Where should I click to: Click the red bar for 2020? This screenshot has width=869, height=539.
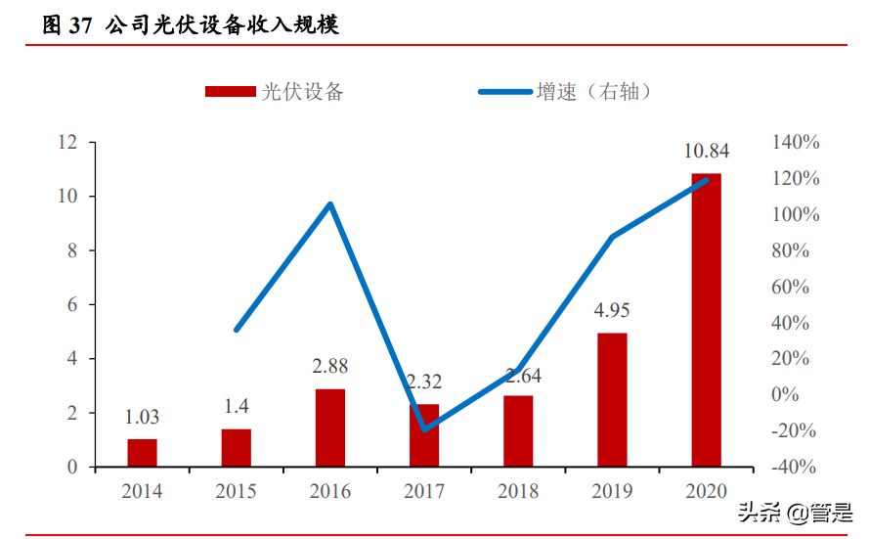tap(706, 320)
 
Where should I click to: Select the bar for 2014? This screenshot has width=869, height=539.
tap(142, 453)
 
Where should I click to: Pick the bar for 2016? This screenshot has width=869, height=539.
tap(330, 427)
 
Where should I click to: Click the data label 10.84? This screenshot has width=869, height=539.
tap(706, 152)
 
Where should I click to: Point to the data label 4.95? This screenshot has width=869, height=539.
tap(612, 311)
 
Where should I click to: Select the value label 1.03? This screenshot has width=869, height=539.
tap(142, 417)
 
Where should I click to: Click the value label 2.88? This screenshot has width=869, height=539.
tap(330, 367)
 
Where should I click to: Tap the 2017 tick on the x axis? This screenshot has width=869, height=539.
tap(424, 491)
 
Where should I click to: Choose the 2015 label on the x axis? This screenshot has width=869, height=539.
tap(236, 491)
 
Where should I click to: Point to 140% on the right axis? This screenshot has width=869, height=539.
tap(796, 143)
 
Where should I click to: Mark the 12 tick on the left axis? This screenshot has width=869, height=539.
tap(67, 143)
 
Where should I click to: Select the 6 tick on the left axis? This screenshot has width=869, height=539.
tap(72, 305)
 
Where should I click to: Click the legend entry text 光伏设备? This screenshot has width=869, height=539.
tap(303, 92)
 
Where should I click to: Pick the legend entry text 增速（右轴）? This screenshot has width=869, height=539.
tap(593, 92)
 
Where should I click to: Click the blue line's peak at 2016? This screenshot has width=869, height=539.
tap(330, 204)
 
